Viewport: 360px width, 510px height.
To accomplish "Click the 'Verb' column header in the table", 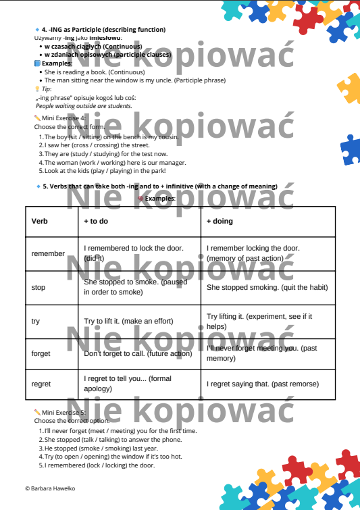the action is [x=38, y=221].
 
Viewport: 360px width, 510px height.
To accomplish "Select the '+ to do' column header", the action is [x=96, y=221].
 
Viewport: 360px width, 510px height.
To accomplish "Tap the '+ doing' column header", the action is [x=220, y=221].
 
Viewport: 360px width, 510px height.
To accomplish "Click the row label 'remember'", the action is [x=48, y=253].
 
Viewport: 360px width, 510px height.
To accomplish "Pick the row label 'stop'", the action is [x=38, y=287].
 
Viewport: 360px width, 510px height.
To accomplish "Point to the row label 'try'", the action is [x=36, y=321].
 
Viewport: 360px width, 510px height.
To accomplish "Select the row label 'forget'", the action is [x=41, y=353].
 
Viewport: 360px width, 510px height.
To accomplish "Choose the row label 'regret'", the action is [x=41, y=384].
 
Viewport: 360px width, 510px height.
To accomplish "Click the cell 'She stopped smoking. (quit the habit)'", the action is [x=267, y=287].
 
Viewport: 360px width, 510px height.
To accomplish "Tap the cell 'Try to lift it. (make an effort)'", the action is [x=128, y=321].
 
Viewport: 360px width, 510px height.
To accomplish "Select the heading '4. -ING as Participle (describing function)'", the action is [x=103, y=30].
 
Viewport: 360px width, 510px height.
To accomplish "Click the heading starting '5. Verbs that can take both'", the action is [x=159, y=186].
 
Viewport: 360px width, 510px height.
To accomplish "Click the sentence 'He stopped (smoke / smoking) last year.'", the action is [x=101, y=448].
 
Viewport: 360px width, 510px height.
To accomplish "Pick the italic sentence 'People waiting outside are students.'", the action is [x=83, y=106].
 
